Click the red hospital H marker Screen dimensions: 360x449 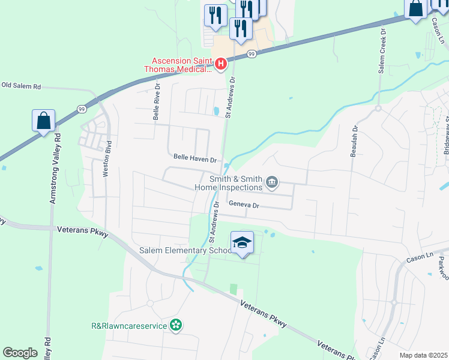(x=220, y=63)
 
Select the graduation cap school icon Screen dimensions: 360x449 (x=242, y=242)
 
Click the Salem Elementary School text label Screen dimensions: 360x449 (x=176, y=250)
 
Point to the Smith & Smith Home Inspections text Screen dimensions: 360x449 (x=228, y=183)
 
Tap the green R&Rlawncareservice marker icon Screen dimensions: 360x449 (x=176, y=325)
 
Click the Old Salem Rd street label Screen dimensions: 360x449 (x=21, y=86)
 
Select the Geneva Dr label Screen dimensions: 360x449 (x=243, y=205)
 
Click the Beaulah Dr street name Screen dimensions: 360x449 (x=355, y=141)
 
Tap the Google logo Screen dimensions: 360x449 (x=20, y=352)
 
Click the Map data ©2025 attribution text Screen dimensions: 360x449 (x=423, y=355)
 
